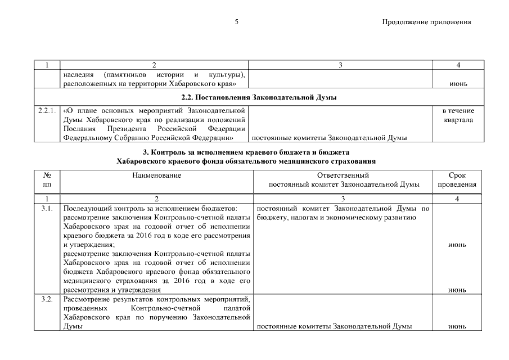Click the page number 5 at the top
[237, 22]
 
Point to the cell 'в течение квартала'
[458, 115]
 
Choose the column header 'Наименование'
[156, 175]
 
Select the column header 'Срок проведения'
[458, 180]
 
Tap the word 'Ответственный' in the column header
[343, 175]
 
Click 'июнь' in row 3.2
[458, 326]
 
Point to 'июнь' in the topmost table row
[458, 84]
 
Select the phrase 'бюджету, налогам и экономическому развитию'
[336, 218]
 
